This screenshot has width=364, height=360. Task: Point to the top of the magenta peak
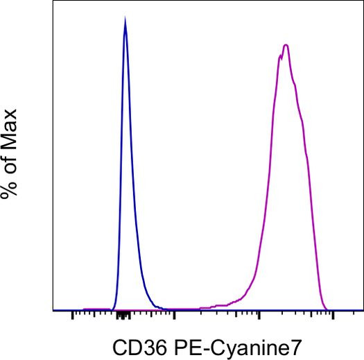tap(285, 46)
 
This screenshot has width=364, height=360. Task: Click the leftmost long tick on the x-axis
tap(72, 317)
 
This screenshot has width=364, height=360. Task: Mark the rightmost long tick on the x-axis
tap(333, 317)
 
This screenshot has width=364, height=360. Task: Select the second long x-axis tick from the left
tap(173, 317)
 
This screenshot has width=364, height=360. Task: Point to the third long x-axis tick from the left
tap(259, 317)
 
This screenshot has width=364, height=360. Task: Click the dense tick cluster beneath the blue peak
tap(124, 316)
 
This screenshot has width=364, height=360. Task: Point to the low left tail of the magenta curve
tap(229, 302)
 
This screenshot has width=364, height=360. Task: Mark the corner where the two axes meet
tap(53, 310)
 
